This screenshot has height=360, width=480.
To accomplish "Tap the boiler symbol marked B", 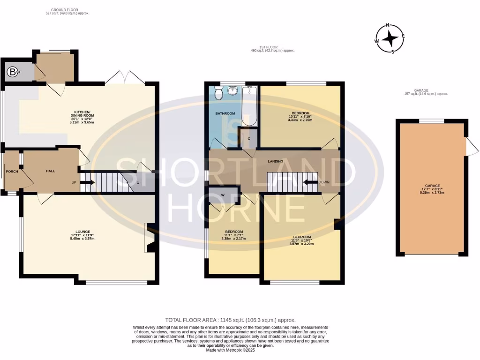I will [x=13, y=72].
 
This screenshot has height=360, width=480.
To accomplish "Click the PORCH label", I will [x=11, y=171].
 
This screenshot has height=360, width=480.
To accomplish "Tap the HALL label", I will [x=51, y=171].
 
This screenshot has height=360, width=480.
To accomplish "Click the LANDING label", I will [x=275, y=161].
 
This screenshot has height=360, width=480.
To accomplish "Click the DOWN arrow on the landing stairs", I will [x=310, y=182].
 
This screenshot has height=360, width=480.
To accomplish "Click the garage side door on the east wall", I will [x=472, y=146].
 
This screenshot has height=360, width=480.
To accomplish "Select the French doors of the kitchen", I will [x=125, y=78].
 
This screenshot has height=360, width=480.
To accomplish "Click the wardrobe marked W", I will [x=223, y=195].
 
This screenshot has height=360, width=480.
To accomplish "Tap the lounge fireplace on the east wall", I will [x=149, y=239].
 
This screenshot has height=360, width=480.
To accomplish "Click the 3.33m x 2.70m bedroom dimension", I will [x=300, y=120].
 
